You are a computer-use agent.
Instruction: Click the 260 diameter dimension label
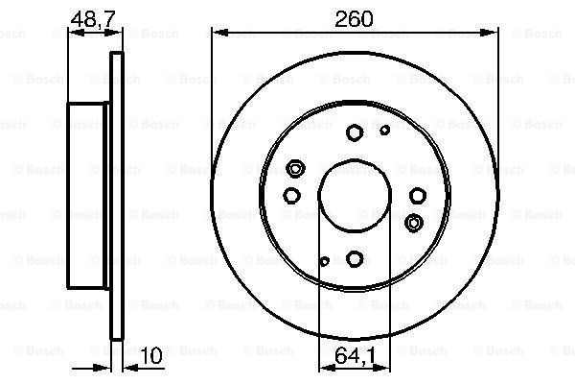tap(355, 17)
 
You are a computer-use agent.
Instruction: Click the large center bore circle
tap(355, 194)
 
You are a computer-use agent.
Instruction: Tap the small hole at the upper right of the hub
tap(385, 129)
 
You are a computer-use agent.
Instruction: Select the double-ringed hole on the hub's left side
tap(295, 170)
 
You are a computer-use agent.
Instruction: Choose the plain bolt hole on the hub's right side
tap(418, 195)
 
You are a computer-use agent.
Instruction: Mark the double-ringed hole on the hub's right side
tap(414, 223)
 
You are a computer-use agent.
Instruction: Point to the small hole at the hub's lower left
tap(325, 260)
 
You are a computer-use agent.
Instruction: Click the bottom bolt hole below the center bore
tap(355, 258)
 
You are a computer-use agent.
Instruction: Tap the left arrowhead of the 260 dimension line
tap(218, 33)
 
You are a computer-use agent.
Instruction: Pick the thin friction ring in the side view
tap(119, 194)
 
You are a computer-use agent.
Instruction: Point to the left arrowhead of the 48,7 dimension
tap(70, 33)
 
